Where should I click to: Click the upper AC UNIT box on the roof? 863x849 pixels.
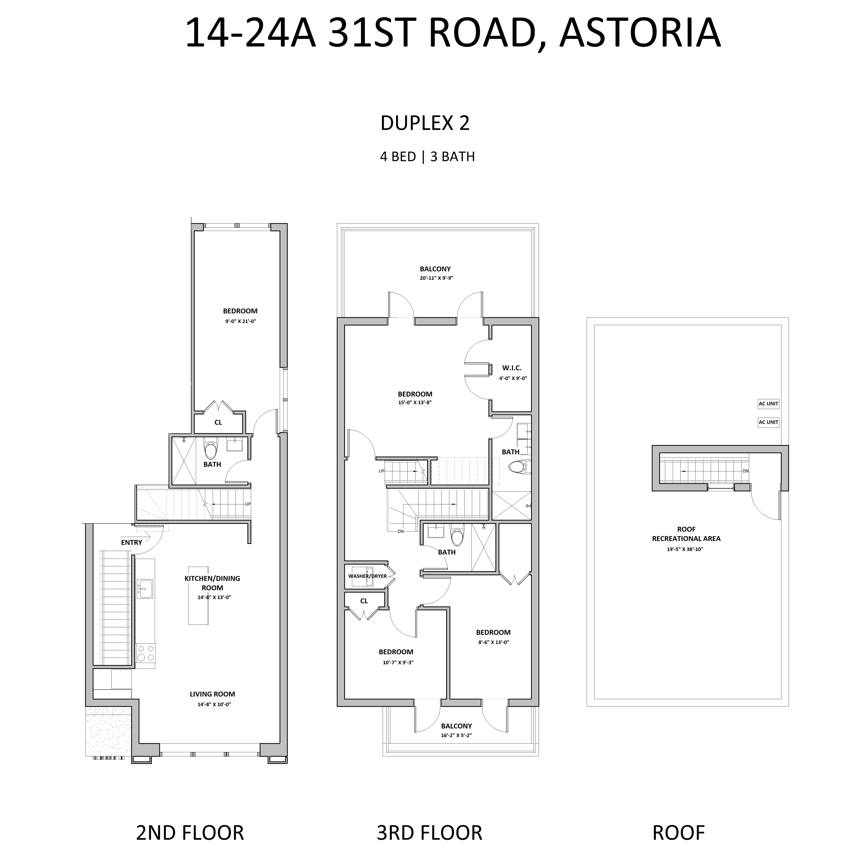(768, 404)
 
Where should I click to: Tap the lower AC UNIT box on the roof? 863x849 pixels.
(768, 422)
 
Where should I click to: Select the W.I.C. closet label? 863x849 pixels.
(512, 368)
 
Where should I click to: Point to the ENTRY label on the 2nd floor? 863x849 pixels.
(132, 542)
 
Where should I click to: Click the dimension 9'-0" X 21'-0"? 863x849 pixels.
(240, 321)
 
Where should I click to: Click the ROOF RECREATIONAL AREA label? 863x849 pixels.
(686, 534)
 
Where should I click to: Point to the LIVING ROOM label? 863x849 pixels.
(212, 694)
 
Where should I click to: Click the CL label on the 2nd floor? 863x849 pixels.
(218, 422)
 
